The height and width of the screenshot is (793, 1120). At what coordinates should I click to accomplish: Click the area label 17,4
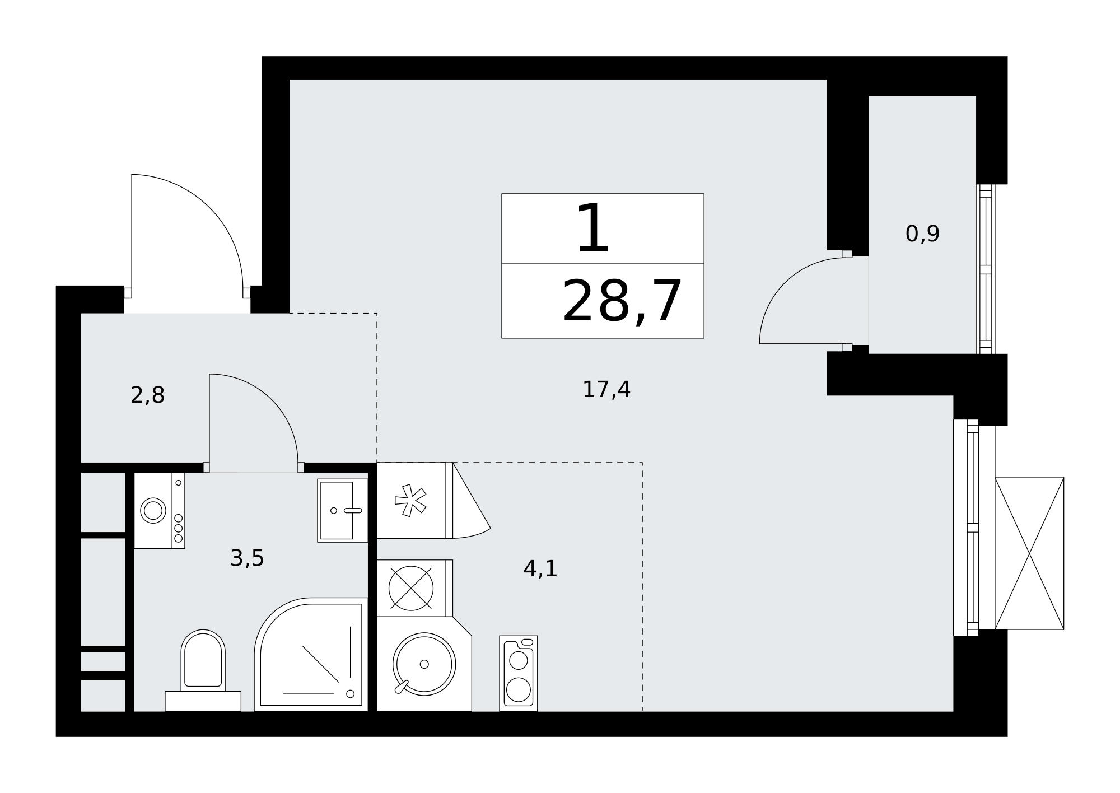pos(606,390)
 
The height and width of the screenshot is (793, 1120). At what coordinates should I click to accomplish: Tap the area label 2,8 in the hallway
pos(147,395)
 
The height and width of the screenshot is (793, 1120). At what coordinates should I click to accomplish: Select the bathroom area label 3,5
pos(247,558)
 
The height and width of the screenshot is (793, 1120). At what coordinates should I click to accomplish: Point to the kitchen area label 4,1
pos(540,568)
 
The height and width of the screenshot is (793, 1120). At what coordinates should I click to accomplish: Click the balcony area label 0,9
pos(922,234)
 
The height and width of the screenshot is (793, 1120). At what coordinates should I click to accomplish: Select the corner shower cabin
pos(311,655)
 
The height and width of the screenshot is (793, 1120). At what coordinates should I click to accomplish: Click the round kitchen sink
pos(424,664)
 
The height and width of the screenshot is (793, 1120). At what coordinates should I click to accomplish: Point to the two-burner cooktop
pos(519,673)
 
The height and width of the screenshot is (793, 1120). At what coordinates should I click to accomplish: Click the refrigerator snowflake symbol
pos(410,500)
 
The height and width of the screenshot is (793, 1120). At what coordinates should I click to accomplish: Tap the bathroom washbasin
pos(342,510)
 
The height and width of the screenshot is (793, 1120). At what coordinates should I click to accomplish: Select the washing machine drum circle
pos(153,510)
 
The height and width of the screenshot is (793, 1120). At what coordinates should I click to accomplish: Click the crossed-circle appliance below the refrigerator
pos(411,588)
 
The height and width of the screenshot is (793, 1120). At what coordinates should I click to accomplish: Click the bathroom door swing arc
pos(272,400)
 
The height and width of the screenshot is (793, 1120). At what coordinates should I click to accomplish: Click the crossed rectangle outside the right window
pos(1029,553)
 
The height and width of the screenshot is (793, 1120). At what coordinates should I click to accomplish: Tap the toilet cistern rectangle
pos(203,701)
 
